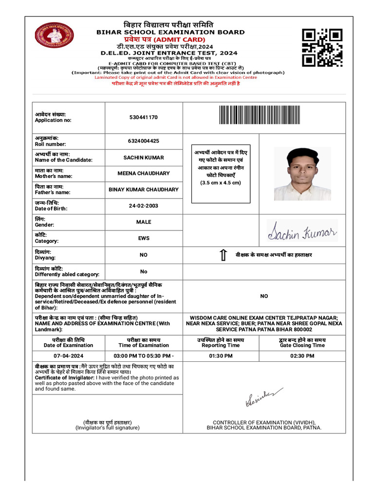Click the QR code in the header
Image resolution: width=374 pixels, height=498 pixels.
click(322, 47)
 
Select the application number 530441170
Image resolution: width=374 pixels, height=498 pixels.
click(144, 117)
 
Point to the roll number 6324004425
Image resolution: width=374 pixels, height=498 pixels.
click(144, 141)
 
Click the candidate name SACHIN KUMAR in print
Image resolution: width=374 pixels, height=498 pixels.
click(144, 158)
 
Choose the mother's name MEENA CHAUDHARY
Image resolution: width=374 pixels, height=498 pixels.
click(144, 174)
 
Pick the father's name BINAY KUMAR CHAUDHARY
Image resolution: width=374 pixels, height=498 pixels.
click(144, 190)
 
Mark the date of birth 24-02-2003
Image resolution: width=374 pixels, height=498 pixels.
click(144, 206)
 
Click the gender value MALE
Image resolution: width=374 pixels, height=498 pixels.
click(144, 222)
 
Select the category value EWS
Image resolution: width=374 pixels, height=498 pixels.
click(144, 238)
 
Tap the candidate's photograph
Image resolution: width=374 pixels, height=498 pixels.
click(302, 174)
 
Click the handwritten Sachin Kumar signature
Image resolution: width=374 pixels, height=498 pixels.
click(302, 231)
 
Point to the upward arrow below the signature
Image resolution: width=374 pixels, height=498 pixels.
click(223, 255)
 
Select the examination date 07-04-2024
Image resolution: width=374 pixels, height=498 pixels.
click(68, 356)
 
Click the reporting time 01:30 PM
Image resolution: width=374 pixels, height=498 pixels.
click(221, 356)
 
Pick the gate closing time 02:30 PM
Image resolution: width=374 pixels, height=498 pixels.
click(302, 356)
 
